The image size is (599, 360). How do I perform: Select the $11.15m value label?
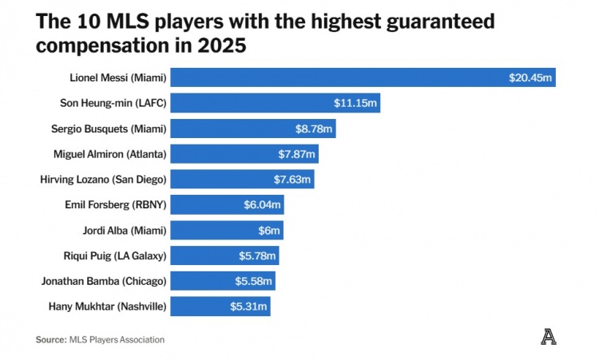coord(355,103)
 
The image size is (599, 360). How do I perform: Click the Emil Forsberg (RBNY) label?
coord(115,205)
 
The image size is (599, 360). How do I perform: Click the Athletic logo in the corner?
coord(548,338)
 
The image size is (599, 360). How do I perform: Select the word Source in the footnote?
coord(50,339)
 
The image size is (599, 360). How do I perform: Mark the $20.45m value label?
coord(531,77)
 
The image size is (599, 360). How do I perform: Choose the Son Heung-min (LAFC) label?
coord(113,103)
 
